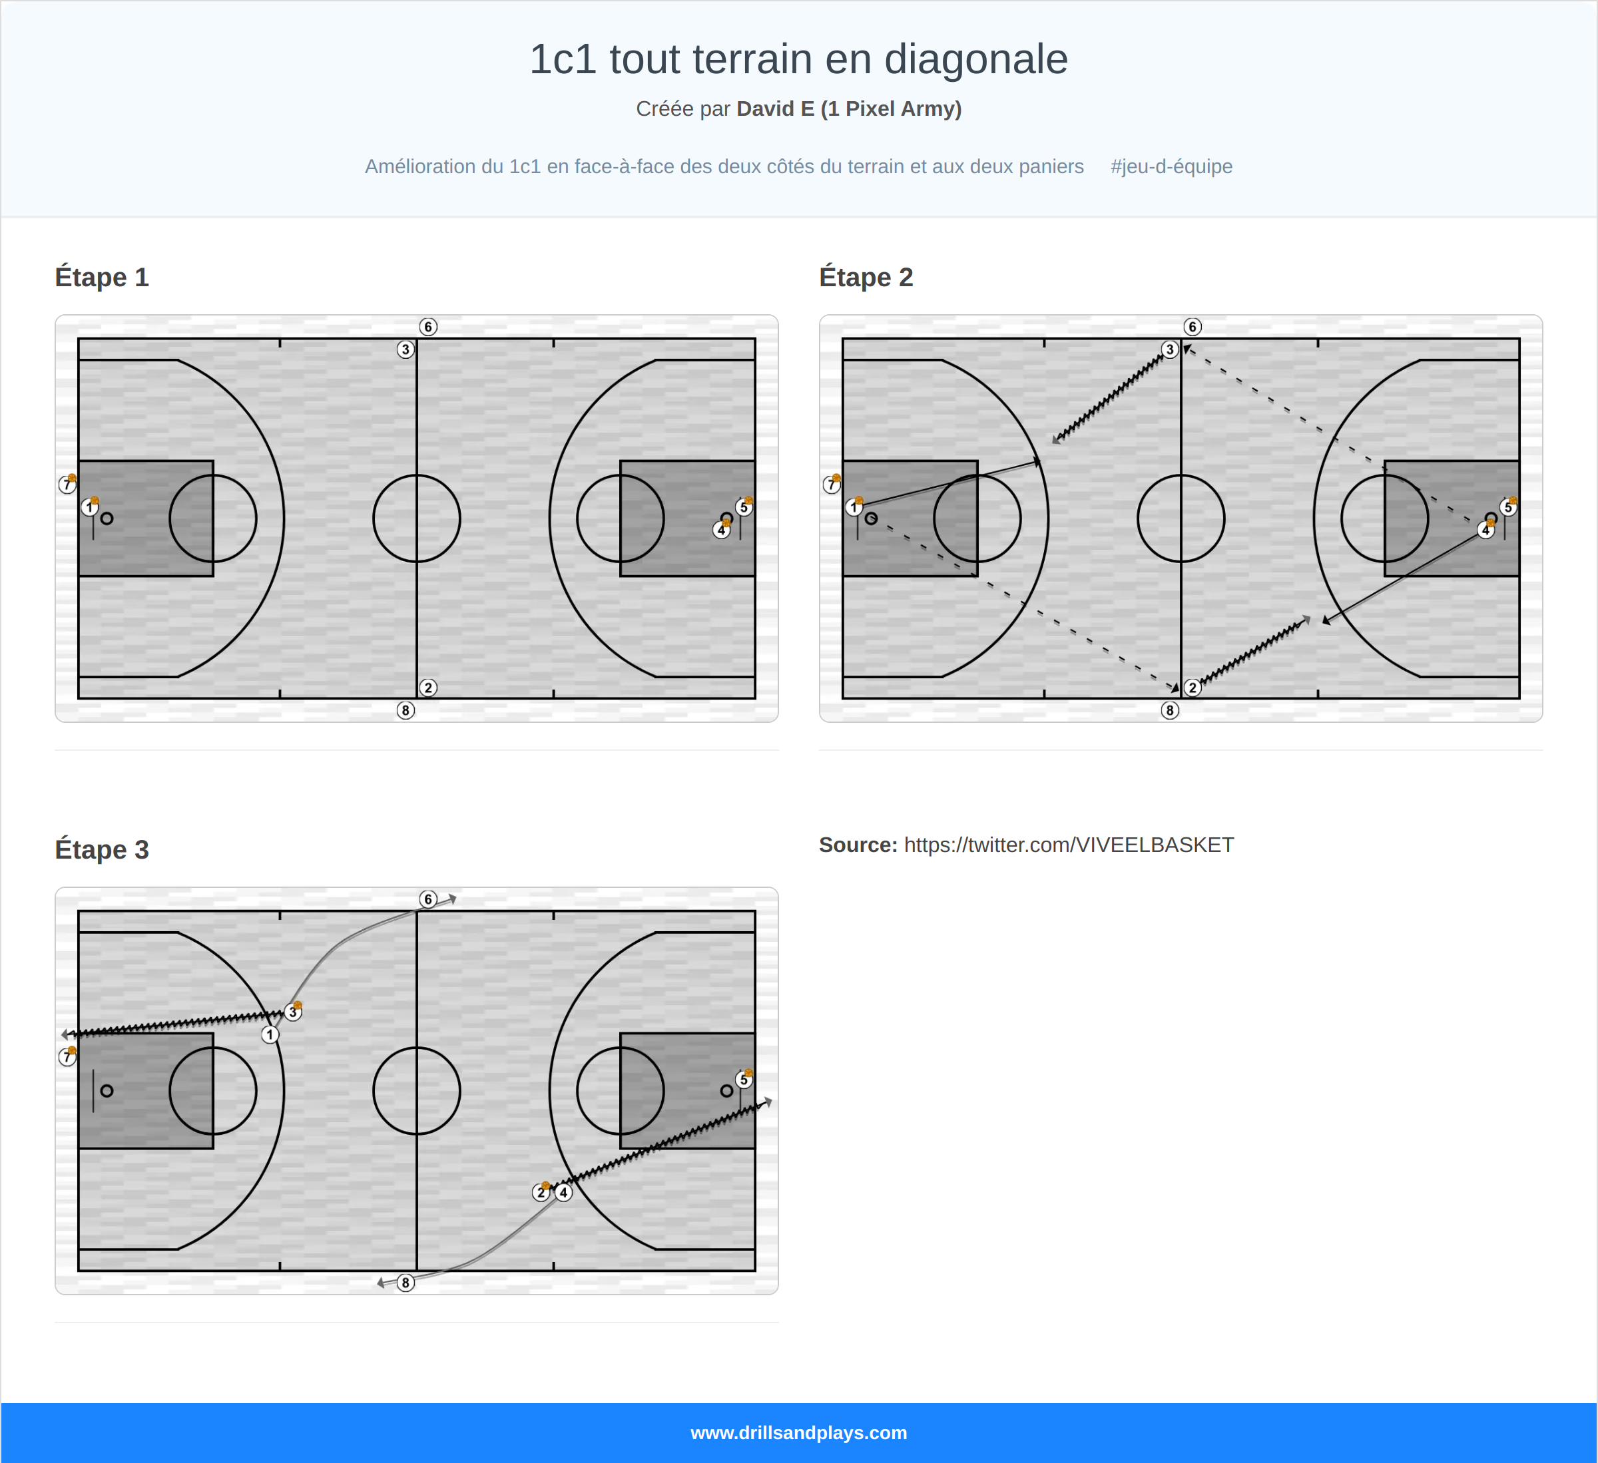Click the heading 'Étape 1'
tap(101, 278)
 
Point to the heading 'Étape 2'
tap(866, 278)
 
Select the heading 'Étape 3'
tap(101, 849)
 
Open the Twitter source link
tap(1069, 845)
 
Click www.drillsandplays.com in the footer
tap(798, 1433)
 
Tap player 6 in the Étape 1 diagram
tap(428, 327)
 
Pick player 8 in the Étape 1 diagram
tap(405, 710)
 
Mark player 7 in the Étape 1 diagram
tap(67, 485)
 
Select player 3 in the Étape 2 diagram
tap(1169, 349)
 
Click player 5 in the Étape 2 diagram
tap(1507, 507)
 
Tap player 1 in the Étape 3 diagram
tap(270, 1034)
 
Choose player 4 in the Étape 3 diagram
tap(563, 1192)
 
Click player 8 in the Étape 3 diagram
tap(405, 1283)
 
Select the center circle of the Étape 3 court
tap(416, 1090)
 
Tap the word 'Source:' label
tap(858, 845)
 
